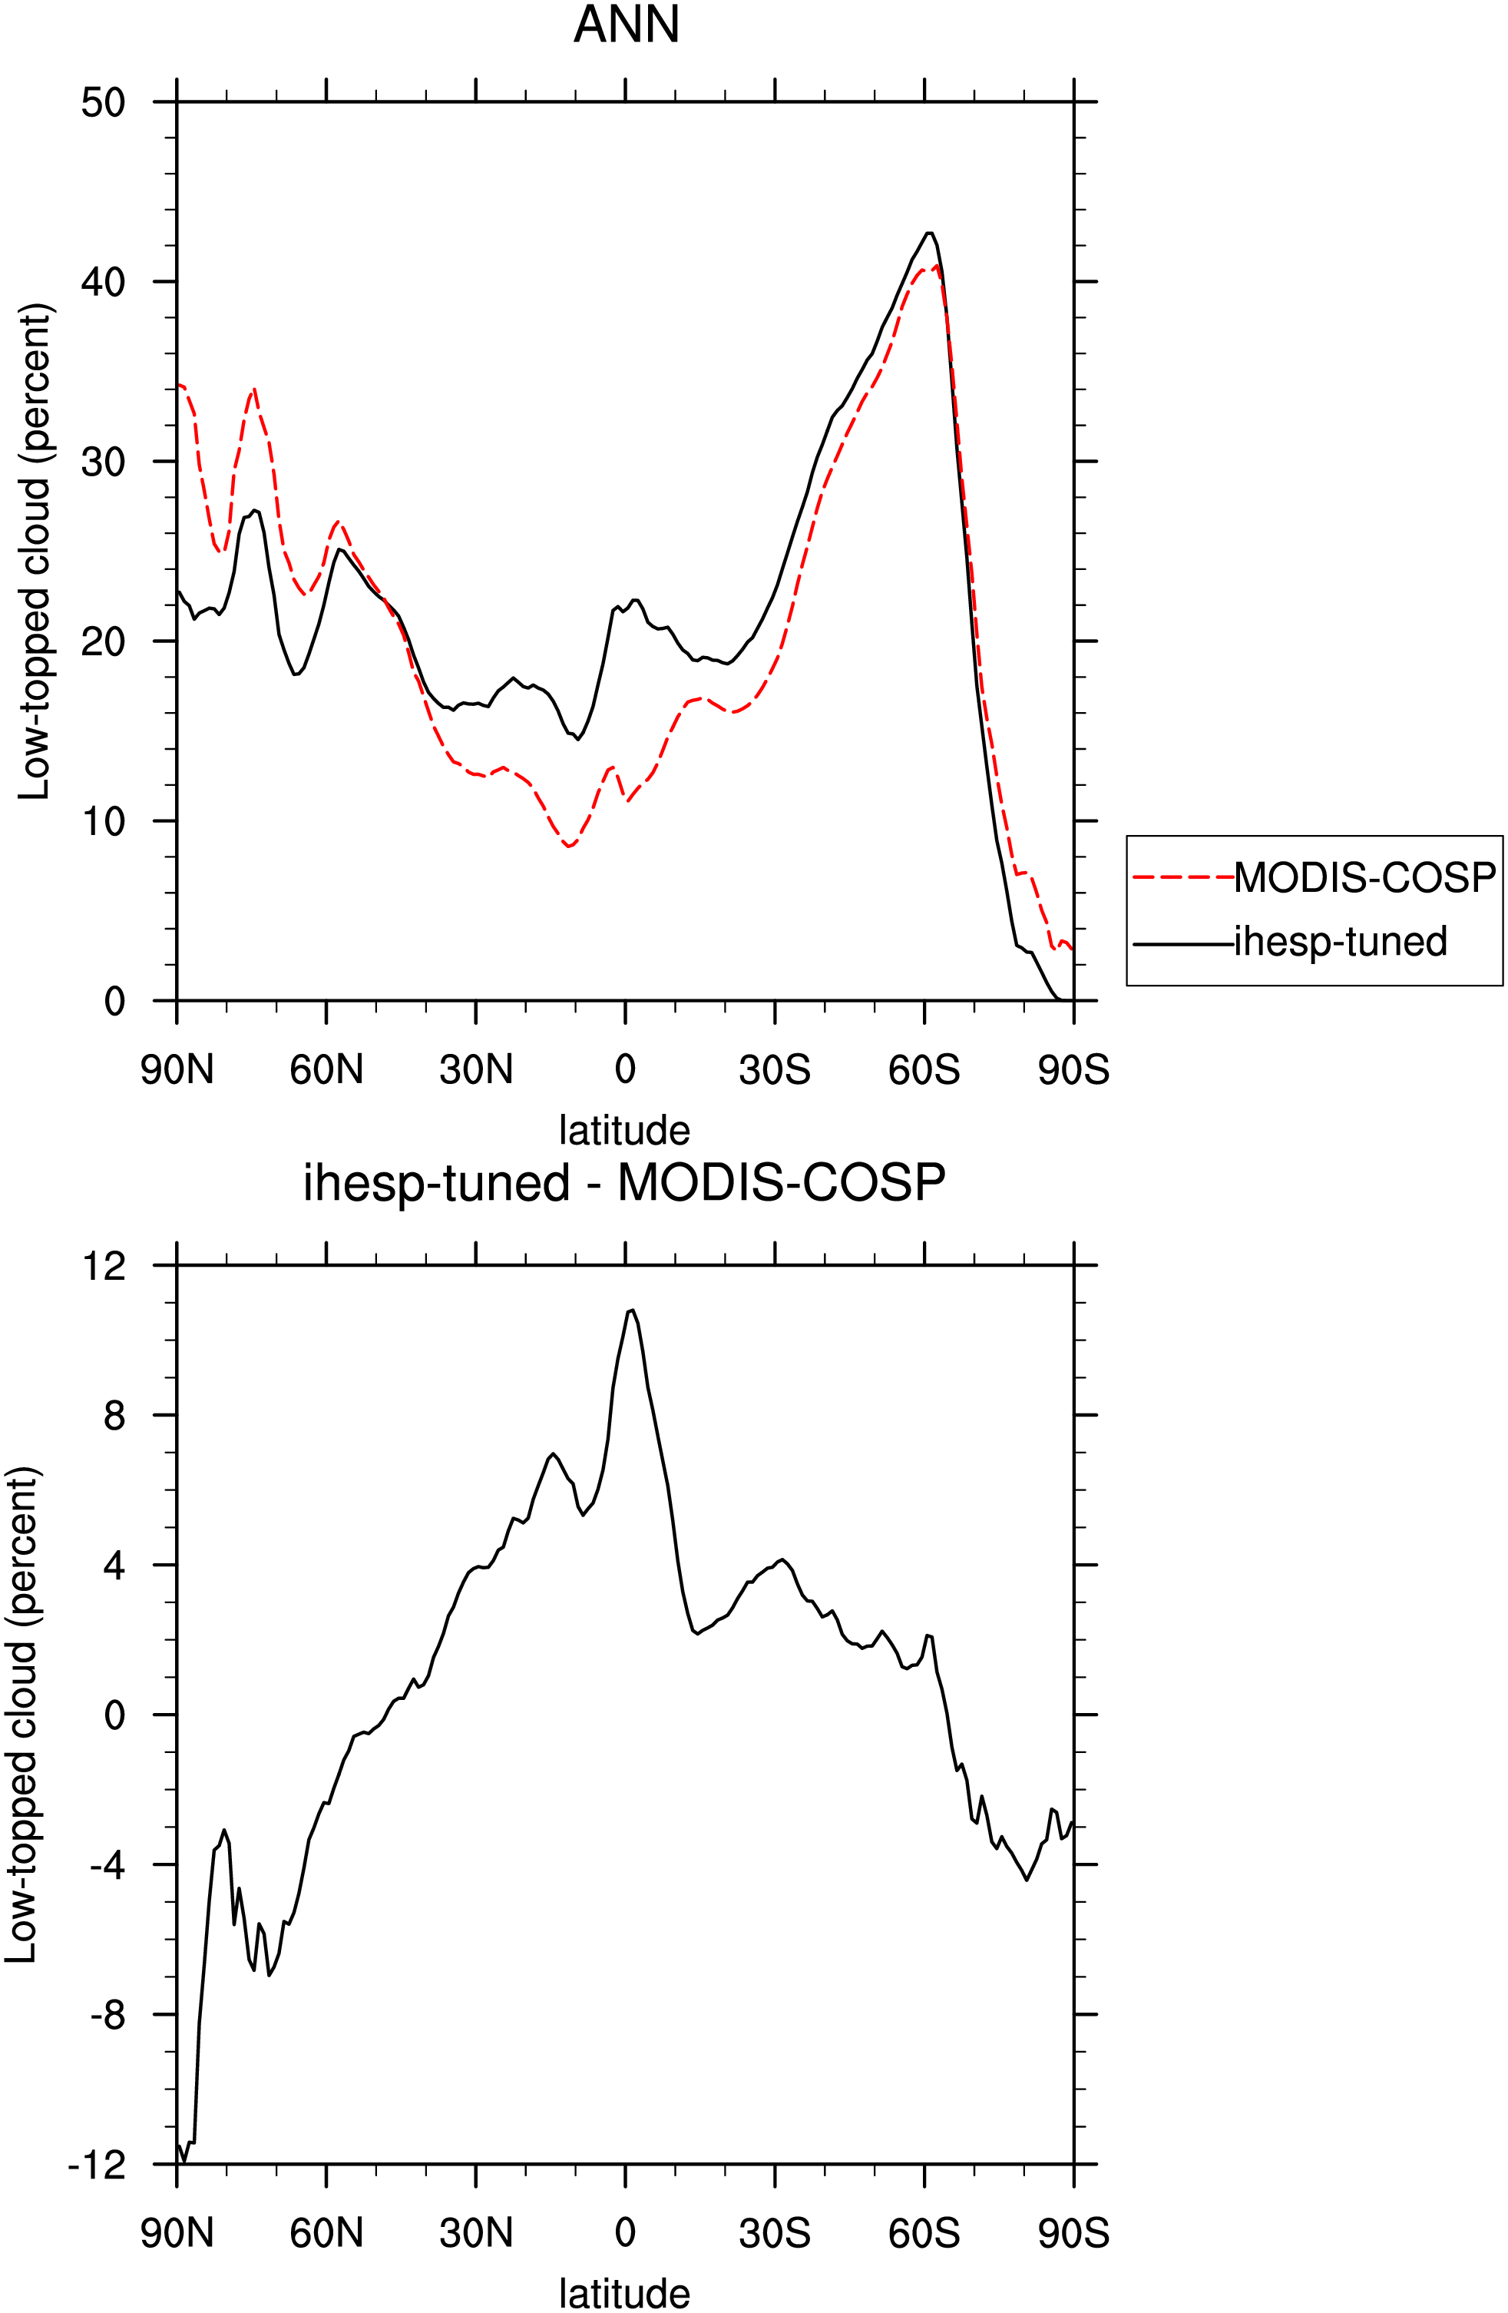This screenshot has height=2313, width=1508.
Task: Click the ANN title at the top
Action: click(x=626, y=25)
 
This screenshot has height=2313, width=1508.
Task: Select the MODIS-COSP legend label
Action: click(x=1365, y=877)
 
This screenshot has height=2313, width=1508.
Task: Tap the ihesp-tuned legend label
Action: click(x=1341, y=941)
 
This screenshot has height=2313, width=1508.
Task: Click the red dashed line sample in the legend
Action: click(x=1183, y=877)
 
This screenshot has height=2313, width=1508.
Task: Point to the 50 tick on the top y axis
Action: click(x=104, y=102)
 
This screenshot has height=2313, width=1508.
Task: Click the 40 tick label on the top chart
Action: click(x=104, y=282)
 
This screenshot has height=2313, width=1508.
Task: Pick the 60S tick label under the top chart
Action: click(x=924, y=1070)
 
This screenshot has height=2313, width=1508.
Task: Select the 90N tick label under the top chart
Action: click(x=177, y=1070)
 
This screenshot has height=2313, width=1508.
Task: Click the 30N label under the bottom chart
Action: click(x=476, y=2233)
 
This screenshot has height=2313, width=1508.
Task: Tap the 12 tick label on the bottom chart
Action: click(x=104, y=1265)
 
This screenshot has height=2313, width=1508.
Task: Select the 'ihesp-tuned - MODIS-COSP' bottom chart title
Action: click(x=625, y=1183)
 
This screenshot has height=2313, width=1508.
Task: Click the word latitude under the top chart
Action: click(x=625, y=1130)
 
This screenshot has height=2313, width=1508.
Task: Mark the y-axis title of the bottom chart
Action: click(x=21, y=1715)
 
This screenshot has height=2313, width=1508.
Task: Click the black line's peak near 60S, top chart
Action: click(x=930, y=234)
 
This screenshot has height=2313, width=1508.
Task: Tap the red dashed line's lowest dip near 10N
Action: click(x=570, y=847)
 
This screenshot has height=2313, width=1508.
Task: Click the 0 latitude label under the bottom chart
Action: click(x=625, y=2233)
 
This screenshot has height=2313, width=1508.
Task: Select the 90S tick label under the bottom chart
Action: click(x=1073, y=2233)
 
